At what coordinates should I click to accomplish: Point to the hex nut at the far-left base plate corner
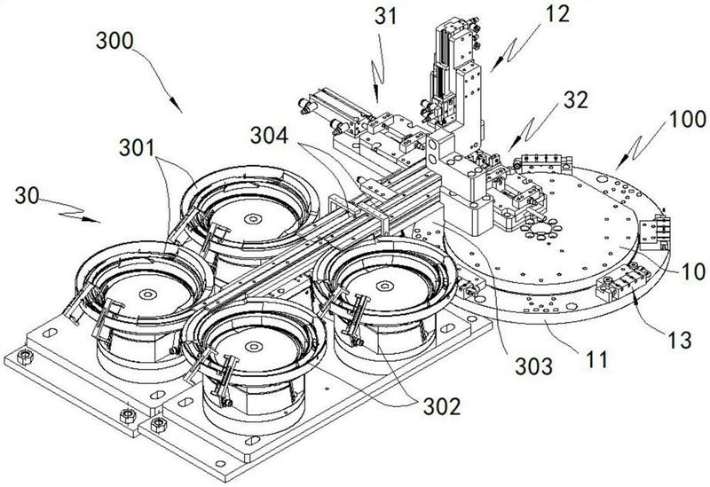[x=28, y=357]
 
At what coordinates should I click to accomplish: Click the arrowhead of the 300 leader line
[x=181, y=110]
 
